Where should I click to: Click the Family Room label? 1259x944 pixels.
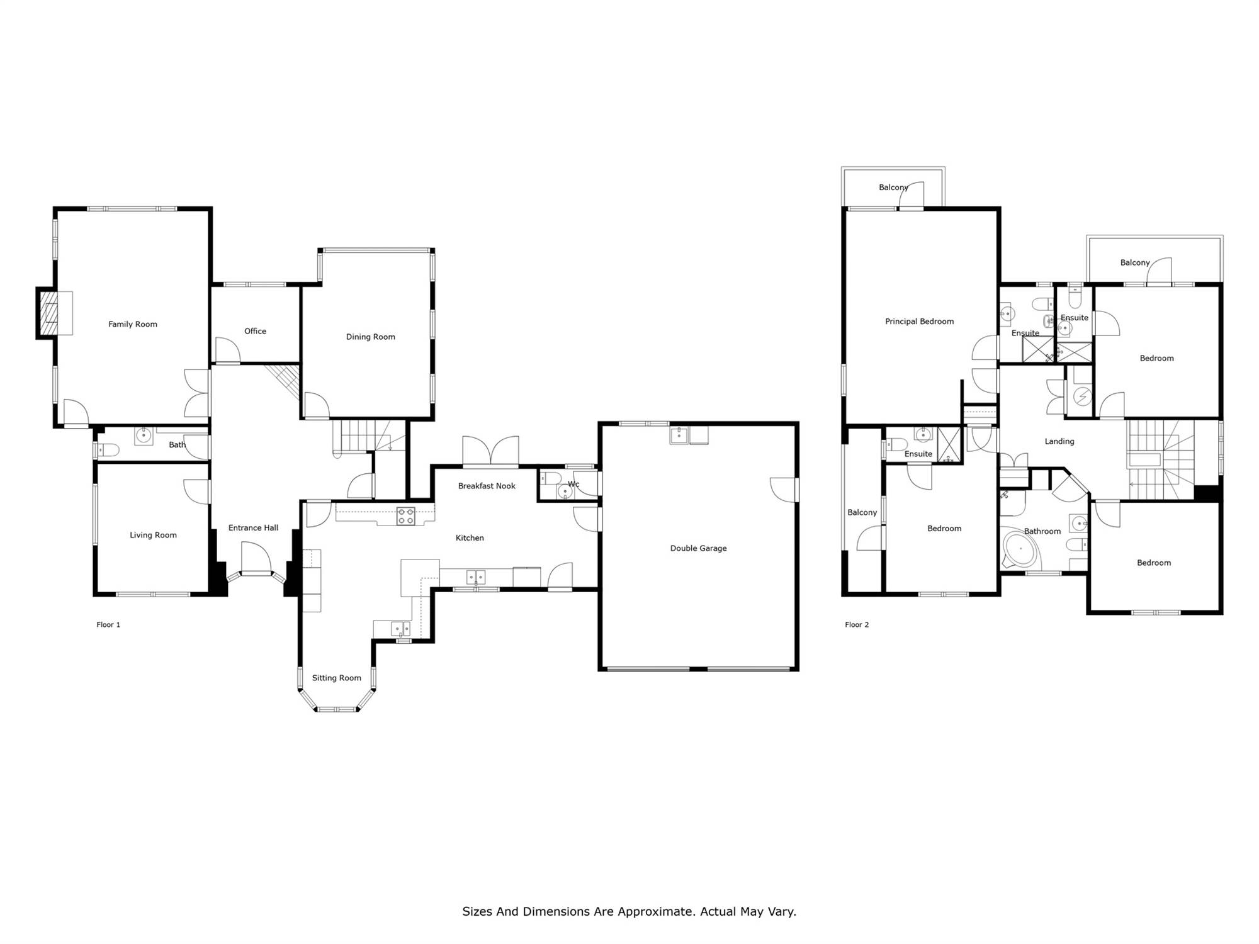(x=133, y=324)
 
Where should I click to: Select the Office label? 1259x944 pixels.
(x=255, y=331)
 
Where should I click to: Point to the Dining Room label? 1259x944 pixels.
(x=370, y=337)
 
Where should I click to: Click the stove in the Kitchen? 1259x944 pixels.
(x=405, y=516)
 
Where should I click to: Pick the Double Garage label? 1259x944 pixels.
(x=698, y=548)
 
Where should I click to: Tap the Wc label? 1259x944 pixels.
(x=573, y=484)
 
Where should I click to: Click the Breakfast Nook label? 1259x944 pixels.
(x=487, y=486)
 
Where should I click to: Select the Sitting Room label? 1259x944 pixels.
(x=337, y=678)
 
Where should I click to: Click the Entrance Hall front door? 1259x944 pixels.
(x=256, y=559)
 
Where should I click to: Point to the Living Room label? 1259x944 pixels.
(x=153, y=535)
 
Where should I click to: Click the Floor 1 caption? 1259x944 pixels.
(x=108, y=624)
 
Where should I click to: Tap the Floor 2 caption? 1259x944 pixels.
(x=857, y=624)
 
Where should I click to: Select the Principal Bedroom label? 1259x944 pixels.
(x=919, y=322)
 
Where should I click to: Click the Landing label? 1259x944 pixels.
(x=1059, y=441)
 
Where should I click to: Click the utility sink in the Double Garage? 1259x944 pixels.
(x=679, y=435)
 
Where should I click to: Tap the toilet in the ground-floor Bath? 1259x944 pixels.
(x=108, y=450)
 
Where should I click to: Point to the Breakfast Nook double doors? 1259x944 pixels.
(x=491, y=451)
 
